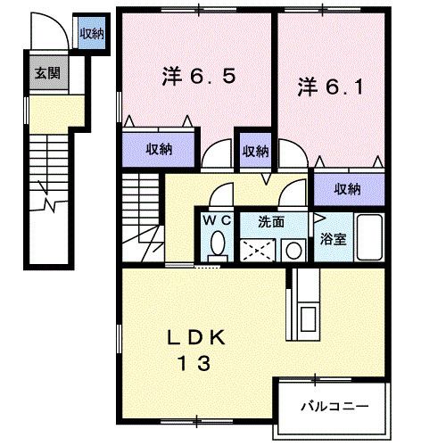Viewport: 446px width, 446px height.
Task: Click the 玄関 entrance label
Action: (x=47, y=74)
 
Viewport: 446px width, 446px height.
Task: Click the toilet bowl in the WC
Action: (x=217, y=244)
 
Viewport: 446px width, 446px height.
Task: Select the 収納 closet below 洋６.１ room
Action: (x=348, y=188)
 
